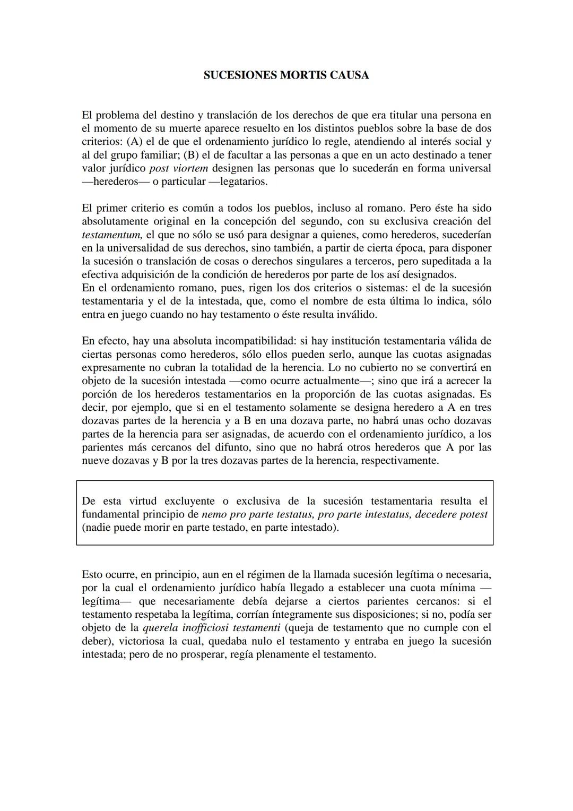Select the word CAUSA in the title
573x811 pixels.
pos(349,75)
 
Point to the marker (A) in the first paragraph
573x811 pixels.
pos(134,142)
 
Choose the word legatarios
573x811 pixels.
pos(243,182)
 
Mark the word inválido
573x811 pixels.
pos(355,314)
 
